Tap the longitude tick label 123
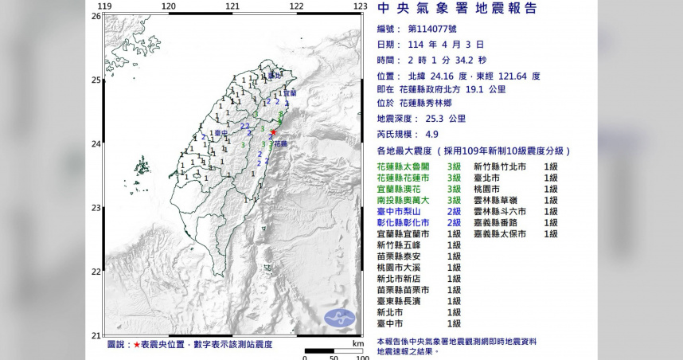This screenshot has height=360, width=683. [x=360, y=6]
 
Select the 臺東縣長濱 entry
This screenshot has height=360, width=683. [x=404, y=301]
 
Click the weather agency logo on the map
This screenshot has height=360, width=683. [x=340, y=318]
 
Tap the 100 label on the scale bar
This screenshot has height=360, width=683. [x=361, y=355]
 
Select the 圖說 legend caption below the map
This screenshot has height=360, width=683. [x=119, y=344]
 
